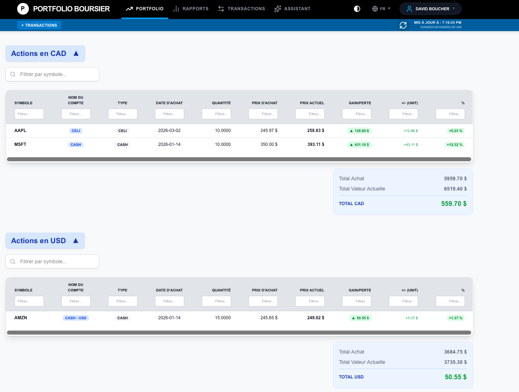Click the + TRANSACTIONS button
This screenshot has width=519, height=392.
[x=39, y=25]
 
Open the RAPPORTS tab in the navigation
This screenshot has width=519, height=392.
[x=191, y=9]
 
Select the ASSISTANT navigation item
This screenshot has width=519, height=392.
[x=292, y=9]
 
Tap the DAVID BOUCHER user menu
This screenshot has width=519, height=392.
[x=430, y=9]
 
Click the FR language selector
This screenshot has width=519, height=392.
[x=381, y=9]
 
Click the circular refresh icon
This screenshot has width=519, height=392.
[x=403, y=25]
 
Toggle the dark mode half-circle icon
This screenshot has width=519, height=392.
[x=357, y=9]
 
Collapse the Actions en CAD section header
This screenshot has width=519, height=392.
[x=45, y=53]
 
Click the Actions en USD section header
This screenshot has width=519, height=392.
[x=45, y=241]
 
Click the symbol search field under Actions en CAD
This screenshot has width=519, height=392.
[x=52, y=74]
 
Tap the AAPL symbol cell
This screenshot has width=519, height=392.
[x=20, y=131]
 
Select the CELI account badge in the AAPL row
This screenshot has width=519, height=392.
[x=76, y=131]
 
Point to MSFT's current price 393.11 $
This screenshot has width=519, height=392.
[x=315, y=144]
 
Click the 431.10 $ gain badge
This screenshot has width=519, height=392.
[x=359, y=145]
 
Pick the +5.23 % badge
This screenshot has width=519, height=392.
[x=455, y=131]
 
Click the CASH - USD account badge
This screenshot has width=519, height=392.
[x=76, y=318]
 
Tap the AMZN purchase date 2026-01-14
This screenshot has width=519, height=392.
[x=169, y=318]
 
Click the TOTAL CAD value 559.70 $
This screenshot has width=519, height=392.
[x=454, y=204]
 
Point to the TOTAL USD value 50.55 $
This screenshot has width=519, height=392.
[x=455, y=377]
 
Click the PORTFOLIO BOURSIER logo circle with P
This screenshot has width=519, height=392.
[x=23, y=8]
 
